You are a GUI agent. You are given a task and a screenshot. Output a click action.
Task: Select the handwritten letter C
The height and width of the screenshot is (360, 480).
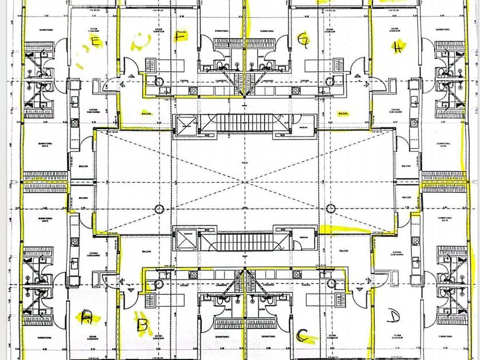tap(306, 337)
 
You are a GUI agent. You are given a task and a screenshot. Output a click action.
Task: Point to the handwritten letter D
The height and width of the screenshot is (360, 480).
tap(393, 315)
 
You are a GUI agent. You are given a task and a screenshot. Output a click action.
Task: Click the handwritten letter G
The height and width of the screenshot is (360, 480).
tap(304, 39)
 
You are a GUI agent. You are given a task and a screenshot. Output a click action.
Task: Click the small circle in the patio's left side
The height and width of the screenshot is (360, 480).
tap(159, 208)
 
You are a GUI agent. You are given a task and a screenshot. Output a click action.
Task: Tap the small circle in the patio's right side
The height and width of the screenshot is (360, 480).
tap(330, 208)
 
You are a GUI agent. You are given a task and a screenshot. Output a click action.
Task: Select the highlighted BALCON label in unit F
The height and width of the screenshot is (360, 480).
tap(147, 113)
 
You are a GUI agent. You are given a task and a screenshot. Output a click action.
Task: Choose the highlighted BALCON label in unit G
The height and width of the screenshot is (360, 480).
tap(343, 113)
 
